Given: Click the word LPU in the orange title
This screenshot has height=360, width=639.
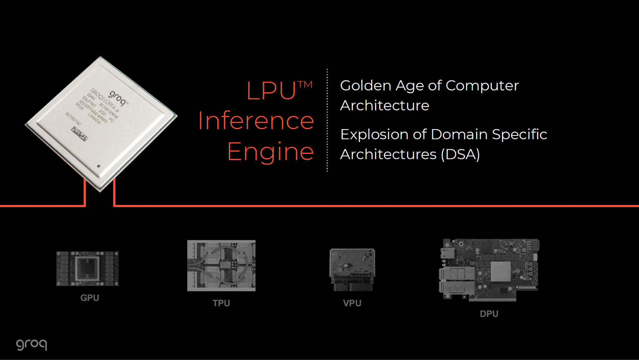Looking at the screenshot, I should (x=271, y=91).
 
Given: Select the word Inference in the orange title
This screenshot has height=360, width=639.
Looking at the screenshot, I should (x=256, y=121).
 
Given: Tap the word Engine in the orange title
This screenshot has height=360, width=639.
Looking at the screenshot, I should (x=271, y=152).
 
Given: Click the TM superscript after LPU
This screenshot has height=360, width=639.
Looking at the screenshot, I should (x=305, y=85).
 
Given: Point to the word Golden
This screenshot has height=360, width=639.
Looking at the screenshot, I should (x=365, y=86).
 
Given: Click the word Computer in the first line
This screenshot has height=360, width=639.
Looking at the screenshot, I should (x=482, y=86).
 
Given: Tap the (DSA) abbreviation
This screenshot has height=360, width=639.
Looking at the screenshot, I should (x=461, y=154).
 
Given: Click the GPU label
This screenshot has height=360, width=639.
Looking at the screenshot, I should (x=90, y=298).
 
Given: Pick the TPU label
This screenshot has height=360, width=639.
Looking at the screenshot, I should (x=221, y=303).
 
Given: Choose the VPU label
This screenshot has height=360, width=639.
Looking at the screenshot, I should (x=352, y=303).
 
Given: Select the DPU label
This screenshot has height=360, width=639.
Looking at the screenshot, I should (x=489, y=314).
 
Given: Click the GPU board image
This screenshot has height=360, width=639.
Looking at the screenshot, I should (x=87, y=269).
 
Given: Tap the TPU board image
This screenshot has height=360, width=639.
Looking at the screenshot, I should (x=221, y=265).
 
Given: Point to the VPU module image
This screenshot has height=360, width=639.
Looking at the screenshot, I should (x=352, y=270).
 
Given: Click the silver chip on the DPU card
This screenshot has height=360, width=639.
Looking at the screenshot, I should (x=501, y=271).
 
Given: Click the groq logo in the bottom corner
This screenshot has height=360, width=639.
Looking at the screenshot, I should (x=32, y=344).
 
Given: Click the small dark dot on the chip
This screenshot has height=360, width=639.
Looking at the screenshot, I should (x=99, y=166).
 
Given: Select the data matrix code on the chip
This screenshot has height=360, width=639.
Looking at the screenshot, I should (x=79, y=134).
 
